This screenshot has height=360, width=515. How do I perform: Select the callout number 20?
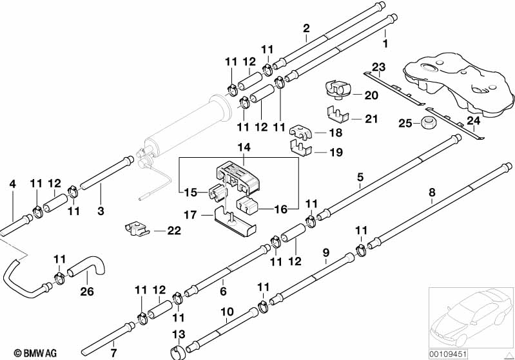[371, 95]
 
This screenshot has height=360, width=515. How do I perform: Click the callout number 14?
[244, 147]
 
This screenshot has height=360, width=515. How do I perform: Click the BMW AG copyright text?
[35, 353]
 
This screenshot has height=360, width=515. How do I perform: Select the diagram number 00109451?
[448, 354]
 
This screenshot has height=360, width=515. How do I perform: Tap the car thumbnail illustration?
[471, 317]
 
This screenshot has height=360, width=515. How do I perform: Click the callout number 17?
[191, 215]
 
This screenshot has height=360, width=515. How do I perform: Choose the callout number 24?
[474, 121]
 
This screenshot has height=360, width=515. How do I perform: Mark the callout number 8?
[432, 193]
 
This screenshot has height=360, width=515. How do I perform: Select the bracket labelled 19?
[302, 147]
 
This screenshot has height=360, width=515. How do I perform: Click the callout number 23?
[379, 68]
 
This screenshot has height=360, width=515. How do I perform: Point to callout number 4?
[12, 184]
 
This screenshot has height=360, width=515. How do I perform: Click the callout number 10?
[228, 312]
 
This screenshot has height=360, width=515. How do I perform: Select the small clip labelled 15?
[217, 193]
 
